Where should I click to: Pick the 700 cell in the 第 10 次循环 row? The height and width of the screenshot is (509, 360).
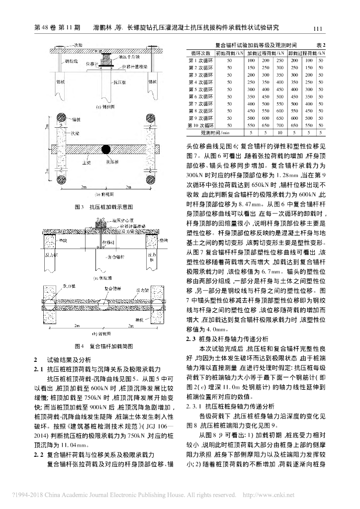[x=280, y=126]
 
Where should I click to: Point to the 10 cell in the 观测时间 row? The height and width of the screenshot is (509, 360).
[x=266, y=133]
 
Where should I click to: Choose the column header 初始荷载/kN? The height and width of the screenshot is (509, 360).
[x=229, y=53]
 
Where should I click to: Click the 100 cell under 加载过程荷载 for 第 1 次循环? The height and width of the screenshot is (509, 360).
[x=252, y=60]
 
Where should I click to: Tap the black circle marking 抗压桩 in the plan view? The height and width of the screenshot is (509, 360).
[x=106, y=149]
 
